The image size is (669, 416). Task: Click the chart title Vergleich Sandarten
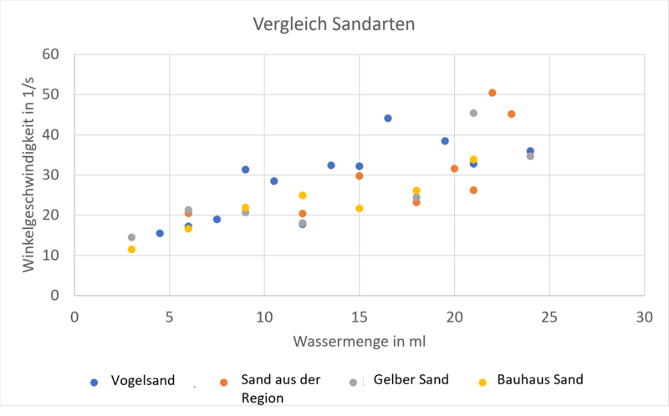click(x=334, y=24)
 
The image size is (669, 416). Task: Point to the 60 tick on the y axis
click(x=53, y=54)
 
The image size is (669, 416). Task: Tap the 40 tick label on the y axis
click(x=53, y=134)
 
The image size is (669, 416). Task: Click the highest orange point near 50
click(x=493, y=93)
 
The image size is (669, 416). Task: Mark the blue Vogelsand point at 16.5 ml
click(x=388, y=118)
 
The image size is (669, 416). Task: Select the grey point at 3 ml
click(x=131, y=237)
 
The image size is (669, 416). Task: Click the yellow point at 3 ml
click(x=131, y=249)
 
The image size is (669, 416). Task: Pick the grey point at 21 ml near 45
click(x=473, y=113)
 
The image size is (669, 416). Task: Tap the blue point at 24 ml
click(x=530, y=151)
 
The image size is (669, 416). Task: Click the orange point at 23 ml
click(x=511, y=114)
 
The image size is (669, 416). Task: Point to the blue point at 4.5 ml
click(x=160, y=233)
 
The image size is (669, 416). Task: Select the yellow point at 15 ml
click(x=360, y=208)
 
